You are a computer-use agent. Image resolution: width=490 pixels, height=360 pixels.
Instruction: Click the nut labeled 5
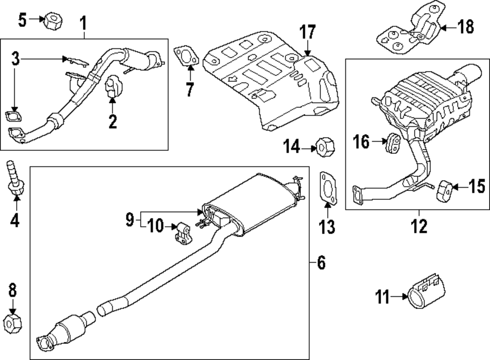51,21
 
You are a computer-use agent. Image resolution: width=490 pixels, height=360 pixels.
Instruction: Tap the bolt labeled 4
13,178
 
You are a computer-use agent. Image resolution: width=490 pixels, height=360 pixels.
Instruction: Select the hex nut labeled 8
12,323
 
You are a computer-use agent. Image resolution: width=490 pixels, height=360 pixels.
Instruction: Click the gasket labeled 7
185,56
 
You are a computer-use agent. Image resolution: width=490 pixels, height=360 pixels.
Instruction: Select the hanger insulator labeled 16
393,142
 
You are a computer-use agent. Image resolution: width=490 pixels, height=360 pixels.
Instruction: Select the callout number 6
320,263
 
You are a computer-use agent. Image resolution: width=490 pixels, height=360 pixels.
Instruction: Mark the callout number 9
129,220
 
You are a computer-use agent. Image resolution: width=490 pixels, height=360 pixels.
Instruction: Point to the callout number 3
15,60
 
